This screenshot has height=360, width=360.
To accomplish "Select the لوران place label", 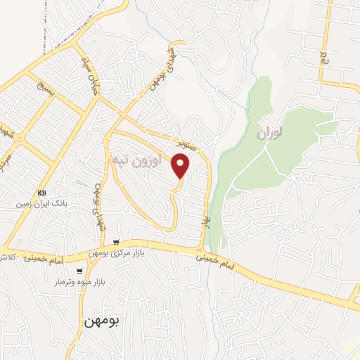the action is coord(269,132).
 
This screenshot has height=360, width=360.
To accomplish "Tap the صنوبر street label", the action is coord(192,143).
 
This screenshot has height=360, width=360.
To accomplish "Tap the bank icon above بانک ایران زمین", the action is coord(42,192).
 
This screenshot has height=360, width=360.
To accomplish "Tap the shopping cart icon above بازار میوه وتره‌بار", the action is coord(81,270).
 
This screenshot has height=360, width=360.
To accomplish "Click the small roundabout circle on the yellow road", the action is coord(20,141).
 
